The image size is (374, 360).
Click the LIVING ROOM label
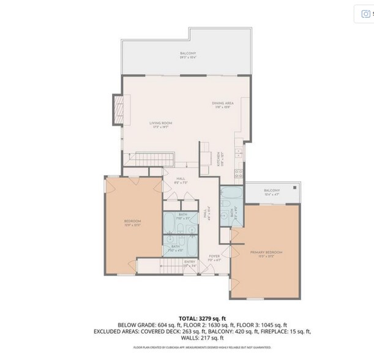[161, 123]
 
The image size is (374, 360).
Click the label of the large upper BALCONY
[188, 54]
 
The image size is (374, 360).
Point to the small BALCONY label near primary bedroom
[272, 190]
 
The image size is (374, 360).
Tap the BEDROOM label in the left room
[133, 221]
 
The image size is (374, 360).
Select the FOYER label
[214, 257]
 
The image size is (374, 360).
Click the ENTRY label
[190, 263]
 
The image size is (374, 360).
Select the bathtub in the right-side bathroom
[232, 197]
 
